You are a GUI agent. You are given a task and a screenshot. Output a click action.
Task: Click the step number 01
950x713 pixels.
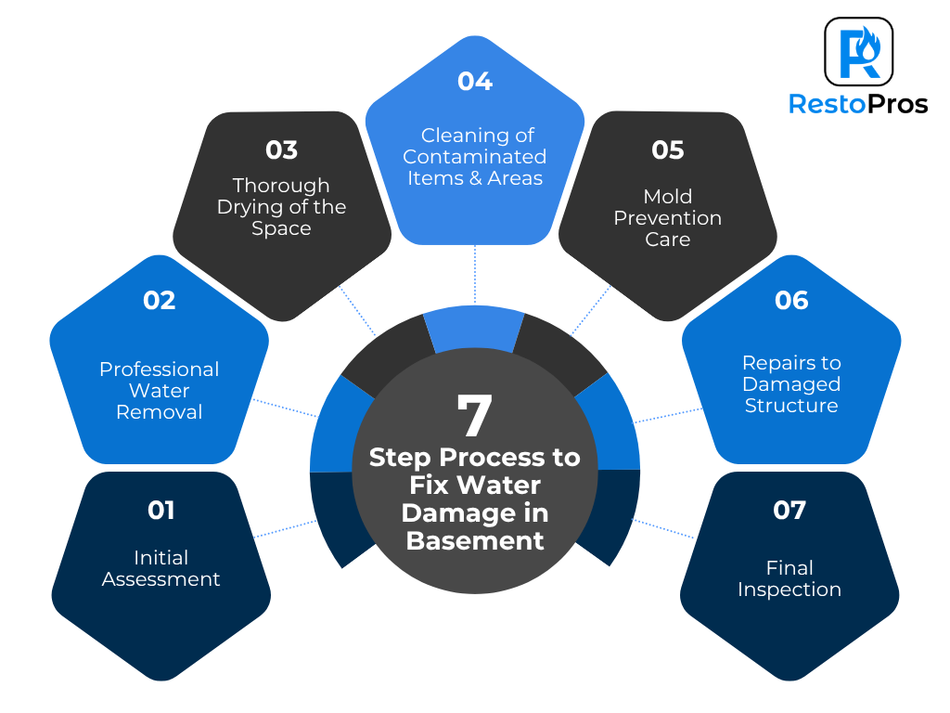[160, 510]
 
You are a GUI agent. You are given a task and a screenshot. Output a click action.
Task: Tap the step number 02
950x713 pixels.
[159, 300]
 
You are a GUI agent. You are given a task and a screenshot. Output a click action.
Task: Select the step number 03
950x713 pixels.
[281, 149]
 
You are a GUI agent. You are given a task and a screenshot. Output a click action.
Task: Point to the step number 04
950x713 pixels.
[474, 81]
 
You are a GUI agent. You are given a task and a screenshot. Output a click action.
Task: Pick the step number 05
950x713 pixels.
[668, 149]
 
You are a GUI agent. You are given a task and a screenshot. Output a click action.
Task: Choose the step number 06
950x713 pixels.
[791, 300]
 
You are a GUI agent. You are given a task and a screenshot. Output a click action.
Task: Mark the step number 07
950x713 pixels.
[790, 510]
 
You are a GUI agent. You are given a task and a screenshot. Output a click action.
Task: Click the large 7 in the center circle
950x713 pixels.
[474, 416]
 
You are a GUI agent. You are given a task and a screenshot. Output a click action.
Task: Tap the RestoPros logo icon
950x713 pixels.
[858, 51]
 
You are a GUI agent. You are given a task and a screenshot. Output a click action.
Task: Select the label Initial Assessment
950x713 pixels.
[160, 568]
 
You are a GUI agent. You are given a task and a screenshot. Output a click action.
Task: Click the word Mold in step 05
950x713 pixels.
[668, 196]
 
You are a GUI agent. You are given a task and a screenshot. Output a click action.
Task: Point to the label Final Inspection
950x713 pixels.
[790, 578]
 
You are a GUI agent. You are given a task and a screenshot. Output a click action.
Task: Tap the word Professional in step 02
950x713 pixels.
[160, 369]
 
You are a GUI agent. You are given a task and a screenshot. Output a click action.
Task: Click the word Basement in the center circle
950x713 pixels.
[475, 540]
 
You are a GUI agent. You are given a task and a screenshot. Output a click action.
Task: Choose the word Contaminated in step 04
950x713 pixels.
[474, 156]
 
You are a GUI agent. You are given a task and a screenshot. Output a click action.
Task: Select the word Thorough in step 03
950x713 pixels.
[281, 185]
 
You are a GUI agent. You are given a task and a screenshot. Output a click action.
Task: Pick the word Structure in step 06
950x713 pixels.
[791, 406]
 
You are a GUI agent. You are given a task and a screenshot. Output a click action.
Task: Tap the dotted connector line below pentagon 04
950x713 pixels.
[475, 275]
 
